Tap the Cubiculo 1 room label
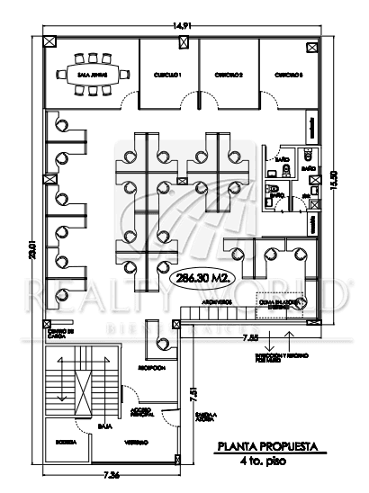(167, 75)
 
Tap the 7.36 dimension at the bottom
(112, 473)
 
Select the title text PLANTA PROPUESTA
(267, 446)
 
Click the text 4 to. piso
(267, 462)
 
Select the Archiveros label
(217, 302)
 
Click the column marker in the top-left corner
(48, 40)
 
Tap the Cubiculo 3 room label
(287, 75)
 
